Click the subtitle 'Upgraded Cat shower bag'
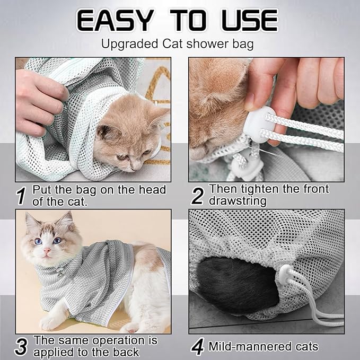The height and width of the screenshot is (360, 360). coord(180,43)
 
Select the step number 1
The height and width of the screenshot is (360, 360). coord(21,196)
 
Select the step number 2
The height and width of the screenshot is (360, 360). coord(197,196)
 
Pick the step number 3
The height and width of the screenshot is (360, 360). coord(21,346)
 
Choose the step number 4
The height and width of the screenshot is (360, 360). coord(197,347)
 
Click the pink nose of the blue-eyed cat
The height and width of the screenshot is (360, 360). coord(47,250)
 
